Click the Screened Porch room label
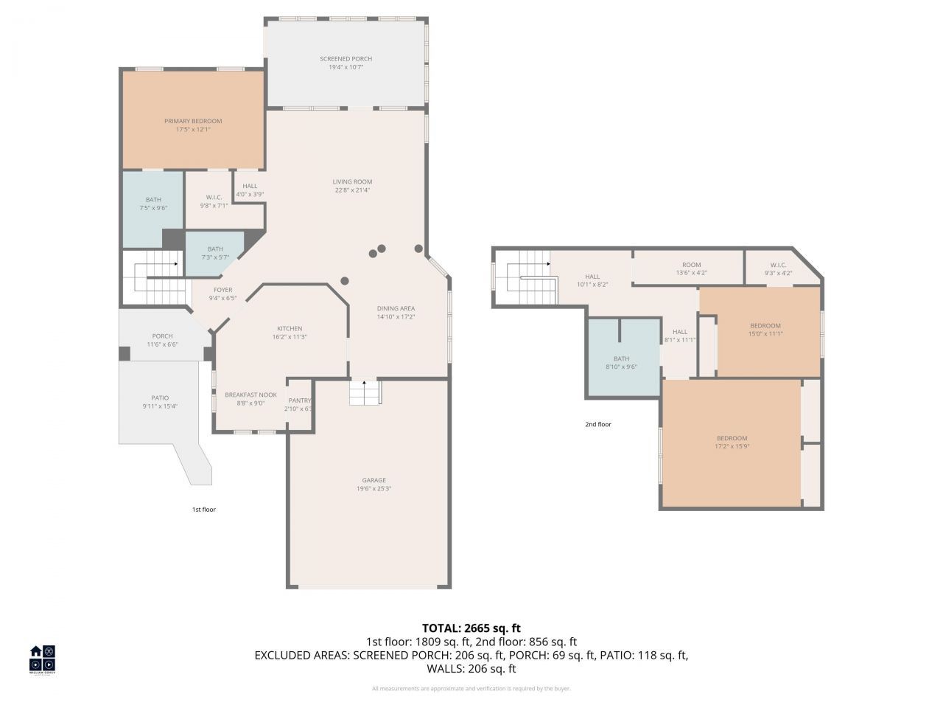(x=346, y=59)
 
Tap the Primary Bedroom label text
(x=192, y=121)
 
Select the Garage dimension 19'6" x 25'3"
(x=373, y=488)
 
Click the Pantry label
(x=300, y=400)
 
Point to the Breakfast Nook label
(x=250, y=395)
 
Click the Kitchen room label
(x=290, y=329)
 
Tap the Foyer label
(x=222, y=291)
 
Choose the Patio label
(x=160, y=398)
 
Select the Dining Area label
(x=396, y=309)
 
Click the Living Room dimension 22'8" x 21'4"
(x=352, y=190)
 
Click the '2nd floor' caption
(x=598, y=425)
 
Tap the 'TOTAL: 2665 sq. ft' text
(x=471, y=628)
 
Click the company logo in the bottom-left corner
(x=42, y=659)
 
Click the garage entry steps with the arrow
(x=364, y=392)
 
